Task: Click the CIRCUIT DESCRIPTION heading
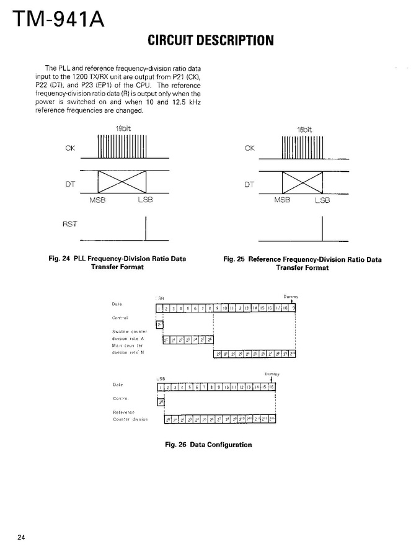coord(211,42)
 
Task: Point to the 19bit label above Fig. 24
coord(122,128)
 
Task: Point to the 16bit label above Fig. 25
coord(304,130)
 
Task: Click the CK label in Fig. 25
coord(250,148)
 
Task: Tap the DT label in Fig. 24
coord(70,184)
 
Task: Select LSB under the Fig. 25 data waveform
coord(322,200)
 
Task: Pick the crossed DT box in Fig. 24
coord(122,183)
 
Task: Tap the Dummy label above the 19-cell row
coord(291,296)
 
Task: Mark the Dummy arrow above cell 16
coord(271,380)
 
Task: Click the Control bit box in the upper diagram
coord(159,324)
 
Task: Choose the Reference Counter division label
coord(130,416)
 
